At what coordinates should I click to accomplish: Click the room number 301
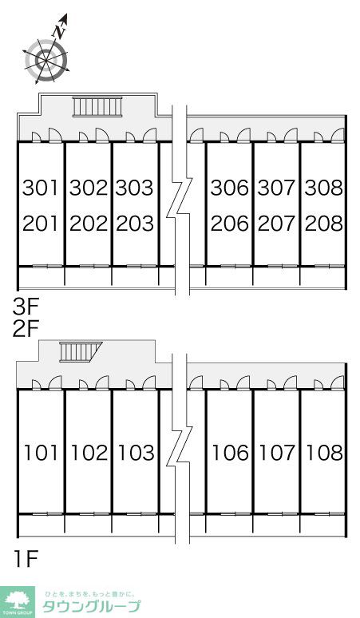(41, 188)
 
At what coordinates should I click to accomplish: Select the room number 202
(89, 224)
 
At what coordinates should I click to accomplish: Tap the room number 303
(134, 188)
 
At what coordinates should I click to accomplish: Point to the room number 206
(230, 224)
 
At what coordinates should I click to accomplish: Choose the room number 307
(276, 188)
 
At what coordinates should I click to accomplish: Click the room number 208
(324, 224)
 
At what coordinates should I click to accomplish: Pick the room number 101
(41, 453)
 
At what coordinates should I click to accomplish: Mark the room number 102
(89, 453)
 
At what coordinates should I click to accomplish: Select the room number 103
(136, 453)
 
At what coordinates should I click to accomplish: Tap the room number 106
(231, 453)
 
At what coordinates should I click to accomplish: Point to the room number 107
(277, 453)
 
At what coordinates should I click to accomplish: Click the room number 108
(325, 453)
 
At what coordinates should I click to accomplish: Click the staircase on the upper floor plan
(97, 107)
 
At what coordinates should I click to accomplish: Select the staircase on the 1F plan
(80, 351)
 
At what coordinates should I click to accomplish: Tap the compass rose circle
(46, 60)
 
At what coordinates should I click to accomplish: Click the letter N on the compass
(60, 32)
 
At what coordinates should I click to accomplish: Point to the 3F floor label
(25, 307)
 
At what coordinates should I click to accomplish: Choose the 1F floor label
(26, 559)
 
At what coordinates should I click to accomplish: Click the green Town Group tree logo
(18, 602)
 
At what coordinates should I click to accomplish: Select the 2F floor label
(25, 330)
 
